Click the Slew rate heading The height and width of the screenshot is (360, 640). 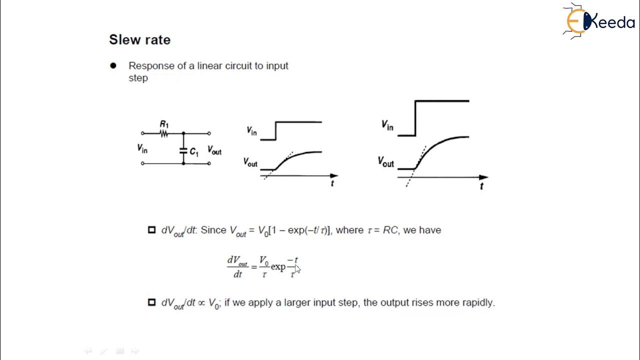[139, 40]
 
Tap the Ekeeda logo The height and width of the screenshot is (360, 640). [598, 21]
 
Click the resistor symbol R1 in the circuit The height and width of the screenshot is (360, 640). [163, 133]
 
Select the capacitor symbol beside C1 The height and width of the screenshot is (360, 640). [183, 149]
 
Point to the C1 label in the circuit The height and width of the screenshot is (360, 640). [194, 152]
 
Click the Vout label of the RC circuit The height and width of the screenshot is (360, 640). [214, 151]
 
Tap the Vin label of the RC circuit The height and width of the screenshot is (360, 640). [142, 148]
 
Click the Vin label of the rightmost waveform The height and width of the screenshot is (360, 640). [387, 125]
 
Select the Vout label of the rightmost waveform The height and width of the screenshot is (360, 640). [385, 162]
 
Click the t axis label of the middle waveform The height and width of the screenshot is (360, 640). [332, 184]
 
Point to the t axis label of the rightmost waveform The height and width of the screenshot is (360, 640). [481, 186]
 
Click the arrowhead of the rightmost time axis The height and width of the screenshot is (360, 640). [483, 177]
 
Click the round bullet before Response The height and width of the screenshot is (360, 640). [113, 65]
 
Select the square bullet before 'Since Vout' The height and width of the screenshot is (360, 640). [151, 230]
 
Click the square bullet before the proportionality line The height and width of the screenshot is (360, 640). [151, 302]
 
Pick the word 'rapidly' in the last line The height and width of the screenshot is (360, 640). [478, 302]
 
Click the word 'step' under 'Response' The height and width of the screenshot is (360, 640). [138, 78]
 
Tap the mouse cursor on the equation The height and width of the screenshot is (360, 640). [297, 268]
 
